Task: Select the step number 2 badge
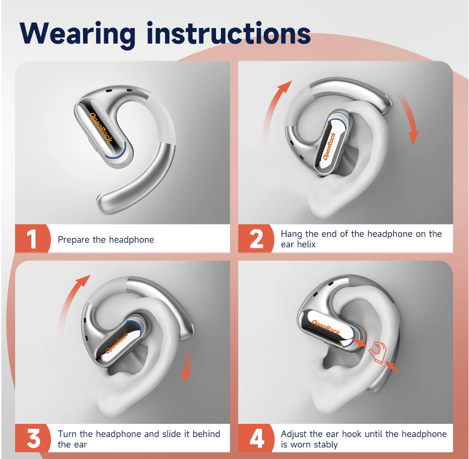point(257,239)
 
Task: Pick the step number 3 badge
point(34,439)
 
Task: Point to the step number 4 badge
point(257,439)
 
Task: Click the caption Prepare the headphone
point(106,240)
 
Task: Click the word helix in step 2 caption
point(305,245)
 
